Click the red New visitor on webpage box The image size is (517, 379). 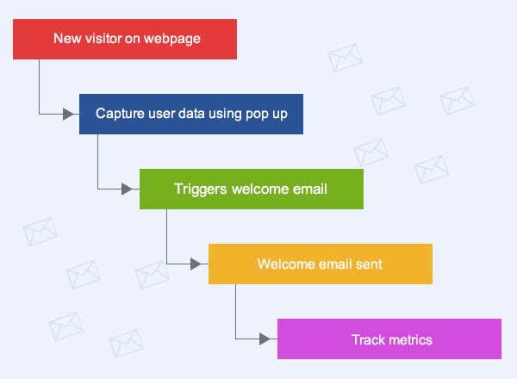point(125,39)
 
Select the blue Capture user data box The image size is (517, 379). point(190,114)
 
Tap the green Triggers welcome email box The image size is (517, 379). point(251,189)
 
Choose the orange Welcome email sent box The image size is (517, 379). point(320,264)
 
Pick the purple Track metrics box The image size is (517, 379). point(389,339)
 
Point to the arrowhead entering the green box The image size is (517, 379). point(133,189)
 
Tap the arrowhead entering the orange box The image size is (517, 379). point(202,264)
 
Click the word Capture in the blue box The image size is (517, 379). point(119,114)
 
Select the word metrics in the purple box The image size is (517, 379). point(410,339)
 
